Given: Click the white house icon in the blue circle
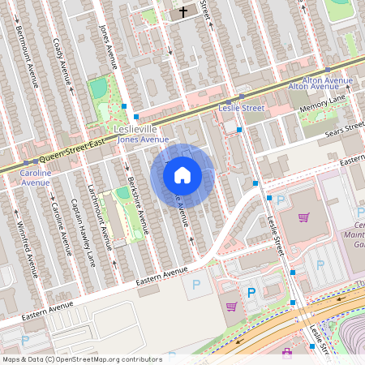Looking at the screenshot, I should point(182,174).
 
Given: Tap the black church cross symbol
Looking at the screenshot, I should point(183,12).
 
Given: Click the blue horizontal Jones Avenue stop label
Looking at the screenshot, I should point(143,140).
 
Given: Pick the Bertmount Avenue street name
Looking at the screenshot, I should point(28,52).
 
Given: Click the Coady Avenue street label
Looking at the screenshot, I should point(61,61).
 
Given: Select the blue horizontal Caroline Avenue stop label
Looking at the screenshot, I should point(36,178).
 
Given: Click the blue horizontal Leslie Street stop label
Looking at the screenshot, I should point(242,107).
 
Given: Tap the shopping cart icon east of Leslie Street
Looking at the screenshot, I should point(303,217).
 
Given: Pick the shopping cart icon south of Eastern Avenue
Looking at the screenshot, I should point(231,307).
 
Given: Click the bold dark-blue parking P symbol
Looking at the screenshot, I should point(251,292).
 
